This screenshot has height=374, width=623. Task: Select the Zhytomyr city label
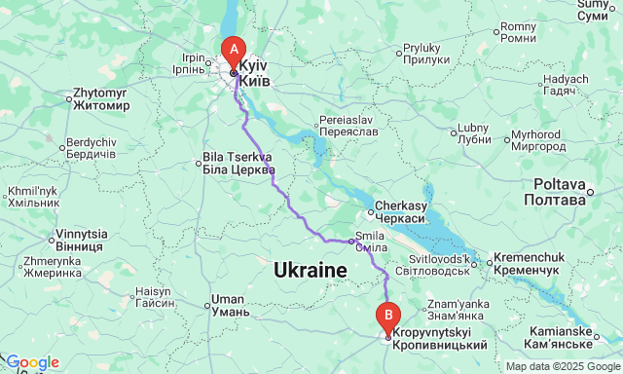point(101,99)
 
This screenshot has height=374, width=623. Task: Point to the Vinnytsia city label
point(82,239)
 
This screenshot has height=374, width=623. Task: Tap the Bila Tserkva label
point(238,162)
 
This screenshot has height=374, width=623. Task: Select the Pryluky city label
point(423,54)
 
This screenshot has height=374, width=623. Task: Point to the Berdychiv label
point(92,149)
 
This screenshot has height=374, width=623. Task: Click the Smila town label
point(370,242)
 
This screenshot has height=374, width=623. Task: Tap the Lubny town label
point(473,132)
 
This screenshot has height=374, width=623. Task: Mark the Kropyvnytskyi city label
point(440,340)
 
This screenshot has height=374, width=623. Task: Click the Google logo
point(31,362)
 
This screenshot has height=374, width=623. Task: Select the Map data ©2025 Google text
point(562,366)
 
